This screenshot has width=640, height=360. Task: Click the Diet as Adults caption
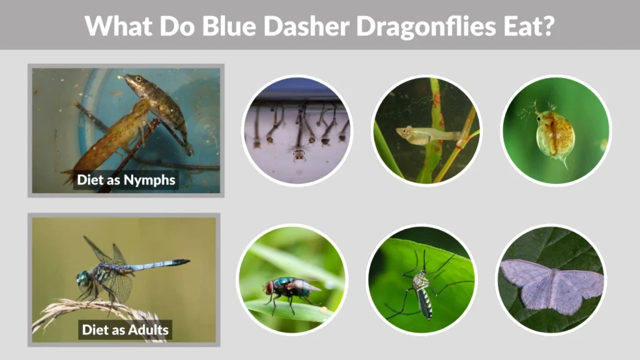pyautogui.click(x=124, y=329)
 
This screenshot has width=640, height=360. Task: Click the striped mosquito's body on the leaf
pyautogui.click(x=424, y=294)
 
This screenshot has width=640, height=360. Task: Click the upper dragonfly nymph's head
pyautogui.click(x=132, y=79)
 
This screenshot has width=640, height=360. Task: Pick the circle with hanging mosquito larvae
pyautogui.click(x=297, y=131)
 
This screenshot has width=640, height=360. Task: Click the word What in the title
pyautogui.click(x=114, y=26)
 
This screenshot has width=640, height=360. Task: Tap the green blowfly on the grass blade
pyautogui.click(x=291, y=289)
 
